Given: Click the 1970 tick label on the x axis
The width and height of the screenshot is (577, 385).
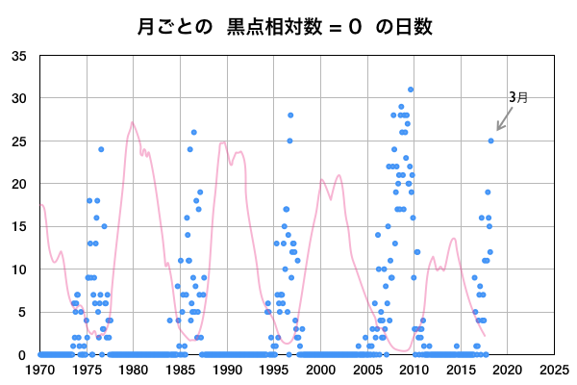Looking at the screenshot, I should tap(40, 370).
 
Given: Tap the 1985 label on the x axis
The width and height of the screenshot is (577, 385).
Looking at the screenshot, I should tap(180, 370).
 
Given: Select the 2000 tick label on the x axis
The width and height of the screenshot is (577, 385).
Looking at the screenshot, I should tap(320, 370).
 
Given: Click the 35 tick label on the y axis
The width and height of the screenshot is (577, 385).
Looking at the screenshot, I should tap(19, 56).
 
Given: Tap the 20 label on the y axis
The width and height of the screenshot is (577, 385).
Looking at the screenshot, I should tap(19, 184).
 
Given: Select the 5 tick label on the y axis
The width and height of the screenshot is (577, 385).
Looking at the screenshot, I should tap(23, 312).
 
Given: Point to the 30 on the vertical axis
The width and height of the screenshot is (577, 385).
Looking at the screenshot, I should tap(19, 98).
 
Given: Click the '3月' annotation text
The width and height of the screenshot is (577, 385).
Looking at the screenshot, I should tap(518, 97).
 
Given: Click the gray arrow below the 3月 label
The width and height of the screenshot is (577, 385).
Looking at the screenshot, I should tap(504, 119).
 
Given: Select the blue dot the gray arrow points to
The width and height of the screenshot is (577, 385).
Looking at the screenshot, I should tap(491, 141).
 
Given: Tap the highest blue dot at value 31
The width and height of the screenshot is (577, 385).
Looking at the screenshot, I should tap(411, 90).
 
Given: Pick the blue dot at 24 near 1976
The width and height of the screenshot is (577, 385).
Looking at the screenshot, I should tap(101, 149).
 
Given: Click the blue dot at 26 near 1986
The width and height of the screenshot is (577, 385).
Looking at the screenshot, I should tap(194, 132).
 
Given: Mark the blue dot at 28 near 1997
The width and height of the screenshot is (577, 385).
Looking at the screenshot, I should tap(290, 115).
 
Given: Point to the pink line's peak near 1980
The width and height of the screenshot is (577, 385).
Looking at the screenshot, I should tap(132, 122).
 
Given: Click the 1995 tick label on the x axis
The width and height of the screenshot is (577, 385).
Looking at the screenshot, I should tap(273, 370).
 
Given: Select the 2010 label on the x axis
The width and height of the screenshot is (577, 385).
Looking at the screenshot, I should tap(414, 370).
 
